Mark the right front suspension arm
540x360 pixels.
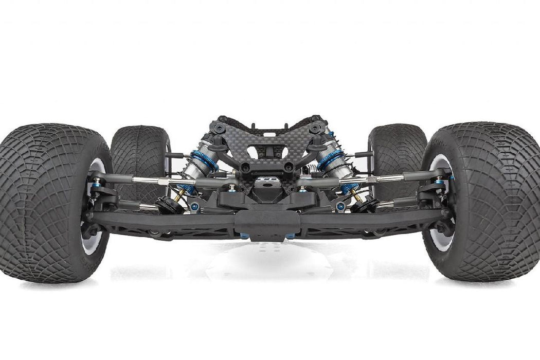370,221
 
